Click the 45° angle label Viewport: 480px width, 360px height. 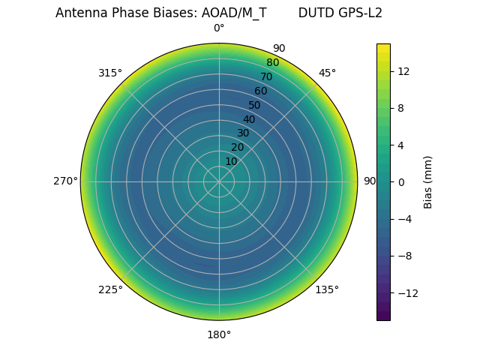pos(327,73)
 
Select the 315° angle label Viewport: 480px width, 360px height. pos(109,73)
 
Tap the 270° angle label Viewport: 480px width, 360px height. pos(65,181)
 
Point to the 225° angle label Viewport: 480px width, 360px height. pos(109,289)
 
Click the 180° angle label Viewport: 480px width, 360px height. pos(219,334)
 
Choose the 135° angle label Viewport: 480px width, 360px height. pos(327,289)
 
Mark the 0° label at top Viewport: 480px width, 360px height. pos(219,28)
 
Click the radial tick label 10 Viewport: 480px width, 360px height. pos(231,161)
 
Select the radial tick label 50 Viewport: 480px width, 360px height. pos(254,105)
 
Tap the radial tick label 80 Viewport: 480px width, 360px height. pos(272,63)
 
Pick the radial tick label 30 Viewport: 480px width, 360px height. pos(243,133)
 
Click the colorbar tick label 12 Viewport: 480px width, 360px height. pos(403,71)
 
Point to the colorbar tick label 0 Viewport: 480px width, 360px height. pos(401,181)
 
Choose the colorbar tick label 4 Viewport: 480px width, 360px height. pos(401,145)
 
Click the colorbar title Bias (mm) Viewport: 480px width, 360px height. pos(428,181)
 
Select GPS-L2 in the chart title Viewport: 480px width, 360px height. pos(361,13)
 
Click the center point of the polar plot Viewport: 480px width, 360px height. pos(219,181)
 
